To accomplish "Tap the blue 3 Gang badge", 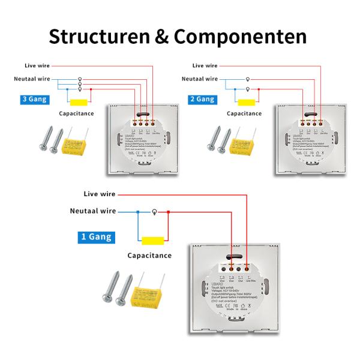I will coord(34,100).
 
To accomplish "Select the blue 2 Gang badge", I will coord(202,100).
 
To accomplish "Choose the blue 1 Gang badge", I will coord(96,237).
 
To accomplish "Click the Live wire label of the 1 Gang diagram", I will coord(100,194).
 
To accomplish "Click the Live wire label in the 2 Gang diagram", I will coord(205,65).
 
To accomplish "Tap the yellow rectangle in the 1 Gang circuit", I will coord(154,241).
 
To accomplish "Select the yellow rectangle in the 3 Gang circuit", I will coord(78,101).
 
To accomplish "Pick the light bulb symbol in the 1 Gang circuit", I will coord(155,212).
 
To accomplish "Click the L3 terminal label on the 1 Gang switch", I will coord(222,277).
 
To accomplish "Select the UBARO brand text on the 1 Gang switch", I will coord(219,284).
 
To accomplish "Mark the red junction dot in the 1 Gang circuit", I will coord(169,212).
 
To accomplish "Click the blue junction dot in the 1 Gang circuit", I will coord(138,212).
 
